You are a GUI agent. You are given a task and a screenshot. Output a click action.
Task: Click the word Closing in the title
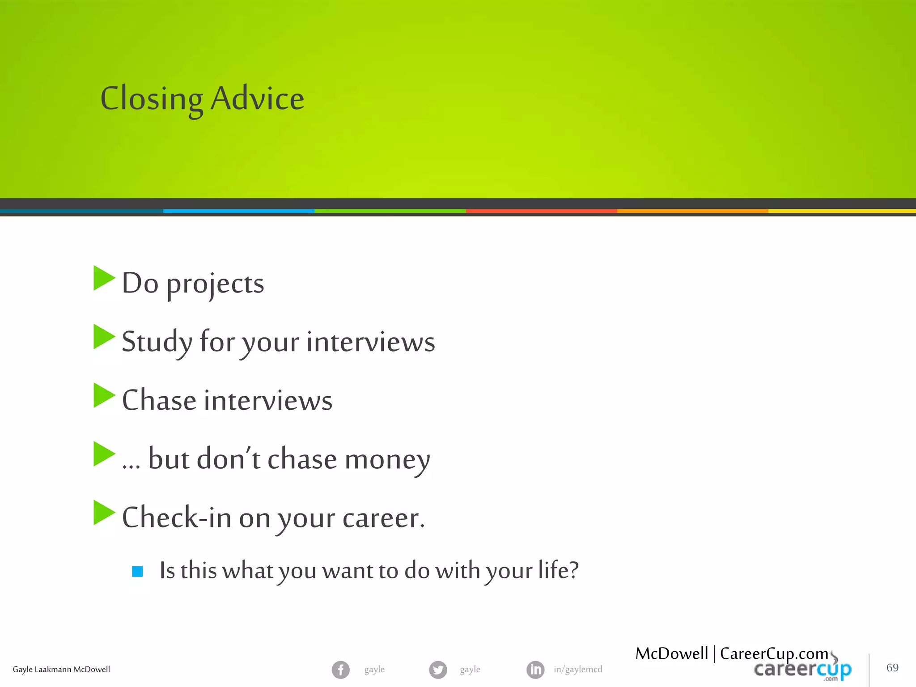[152, 99]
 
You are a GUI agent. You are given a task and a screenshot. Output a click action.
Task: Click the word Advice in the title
[257, 98]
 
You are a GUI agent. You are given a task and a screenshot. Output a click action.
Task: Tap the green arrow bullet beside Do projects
[104, 278]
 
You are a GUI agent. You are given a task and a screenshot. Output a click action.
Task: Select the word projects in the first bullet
[215, 284]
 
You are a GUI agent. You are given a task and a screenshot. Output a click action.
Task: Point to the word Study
[157, 342]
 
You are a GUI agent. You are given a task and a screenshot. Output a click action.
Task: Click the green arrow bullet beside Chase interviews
[104, 395]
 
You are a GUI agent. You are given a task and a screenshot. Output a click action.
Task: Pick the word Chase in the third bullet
[159, 400]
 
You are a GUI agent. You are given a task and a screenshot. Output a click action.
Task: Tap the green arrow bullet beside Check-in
[104, 513]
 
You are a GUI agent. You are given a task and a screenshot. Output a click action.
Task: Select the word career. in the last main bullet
[383, 518]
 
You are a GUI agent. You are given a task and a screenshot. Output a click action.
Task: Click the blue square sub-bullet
[137, 571]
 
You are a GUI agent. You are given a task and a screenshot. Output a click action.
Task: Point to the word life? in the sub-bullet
[558, 570]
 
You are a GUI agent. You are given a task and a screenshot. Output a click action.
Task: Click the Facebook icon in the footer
[340, 670]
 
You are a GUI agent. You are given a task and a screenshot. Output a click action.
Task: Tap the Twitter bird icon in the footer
[438, 670]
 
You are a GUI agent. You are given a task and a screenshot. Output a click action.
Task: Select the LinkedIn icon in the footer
[535, 670]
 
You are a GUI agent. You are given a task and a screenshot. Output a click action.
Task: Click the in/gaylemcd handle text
[577, 670]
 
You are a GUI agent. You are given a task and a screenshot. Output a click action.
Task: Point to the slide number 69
[892, 668]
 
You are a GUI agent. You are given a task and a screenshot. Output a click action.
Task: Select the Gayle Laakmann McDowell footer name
[61, 670]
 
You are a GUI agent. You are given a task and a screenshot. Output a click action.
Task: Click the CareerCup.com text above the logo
[774, 653]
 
